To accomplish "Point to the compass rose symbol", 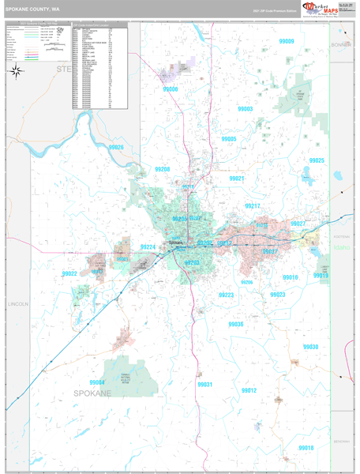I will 17,70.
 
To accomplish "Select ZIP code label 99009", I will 286,41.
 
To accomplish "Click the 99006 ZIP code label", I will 171,89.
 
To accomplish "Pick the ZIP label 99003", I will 246,109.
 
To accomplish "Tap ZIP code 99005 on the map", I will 229,139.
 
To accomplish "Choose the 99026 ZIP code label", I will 116,147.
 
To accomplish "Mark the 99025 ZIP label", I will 317,160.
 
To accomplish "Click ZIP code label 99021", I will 238,179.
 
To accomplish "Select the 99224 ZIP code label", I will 148,246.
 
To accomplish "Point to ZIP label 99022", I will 69,273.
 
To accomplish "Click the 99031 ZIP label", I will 204,384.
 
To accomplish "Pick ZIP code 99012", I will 249,390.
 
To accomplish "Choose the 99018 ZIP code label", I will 306,447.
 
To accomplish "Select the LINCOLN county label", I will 17,303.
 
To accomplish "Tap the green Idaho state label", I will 342,247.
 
